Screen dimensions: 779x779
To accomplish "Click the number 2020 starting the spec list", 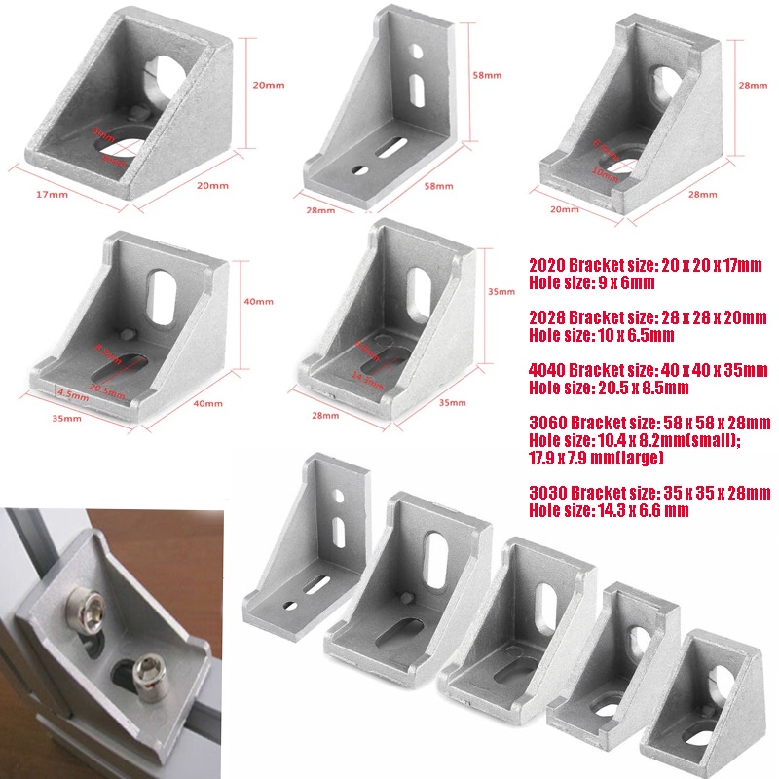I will tap(548, 265).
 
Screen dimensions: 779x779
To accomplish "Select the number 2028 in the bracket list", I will tap(548, 317).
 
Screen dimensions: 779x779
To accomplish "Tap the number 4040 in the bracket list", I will tap(548, 370).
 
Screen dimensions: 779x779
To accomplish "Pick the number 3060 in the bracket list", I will tap(548, 423).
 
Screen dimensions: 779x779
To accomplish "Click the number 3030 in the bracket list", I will tap(548, 493).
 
